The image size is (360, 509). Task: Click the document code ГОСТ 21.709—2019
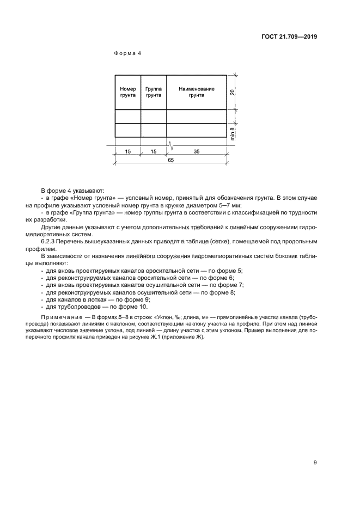pos(287,38)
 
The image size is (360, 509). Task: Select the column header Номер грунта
pos(127,92)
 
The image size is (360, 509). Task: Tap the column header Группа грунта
pos(154,92)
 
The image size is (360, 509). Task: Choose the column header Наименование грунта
pos(197,92)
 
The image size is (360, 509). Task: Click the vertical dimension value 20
pos(233,92)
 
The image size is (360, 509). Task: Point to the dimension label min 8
pos(233,133)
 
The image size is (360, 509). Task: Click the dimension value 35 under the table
pos(197,152)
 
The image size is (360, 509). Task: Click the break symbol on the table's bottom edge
pos(170,145)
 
